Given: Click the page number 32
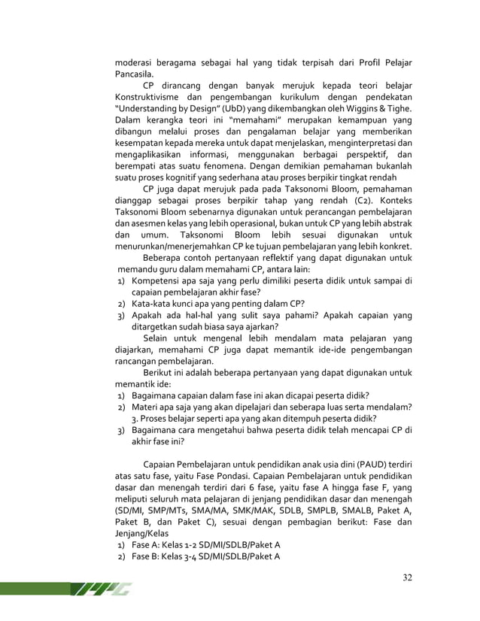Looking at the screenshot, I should click(407, 577).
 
